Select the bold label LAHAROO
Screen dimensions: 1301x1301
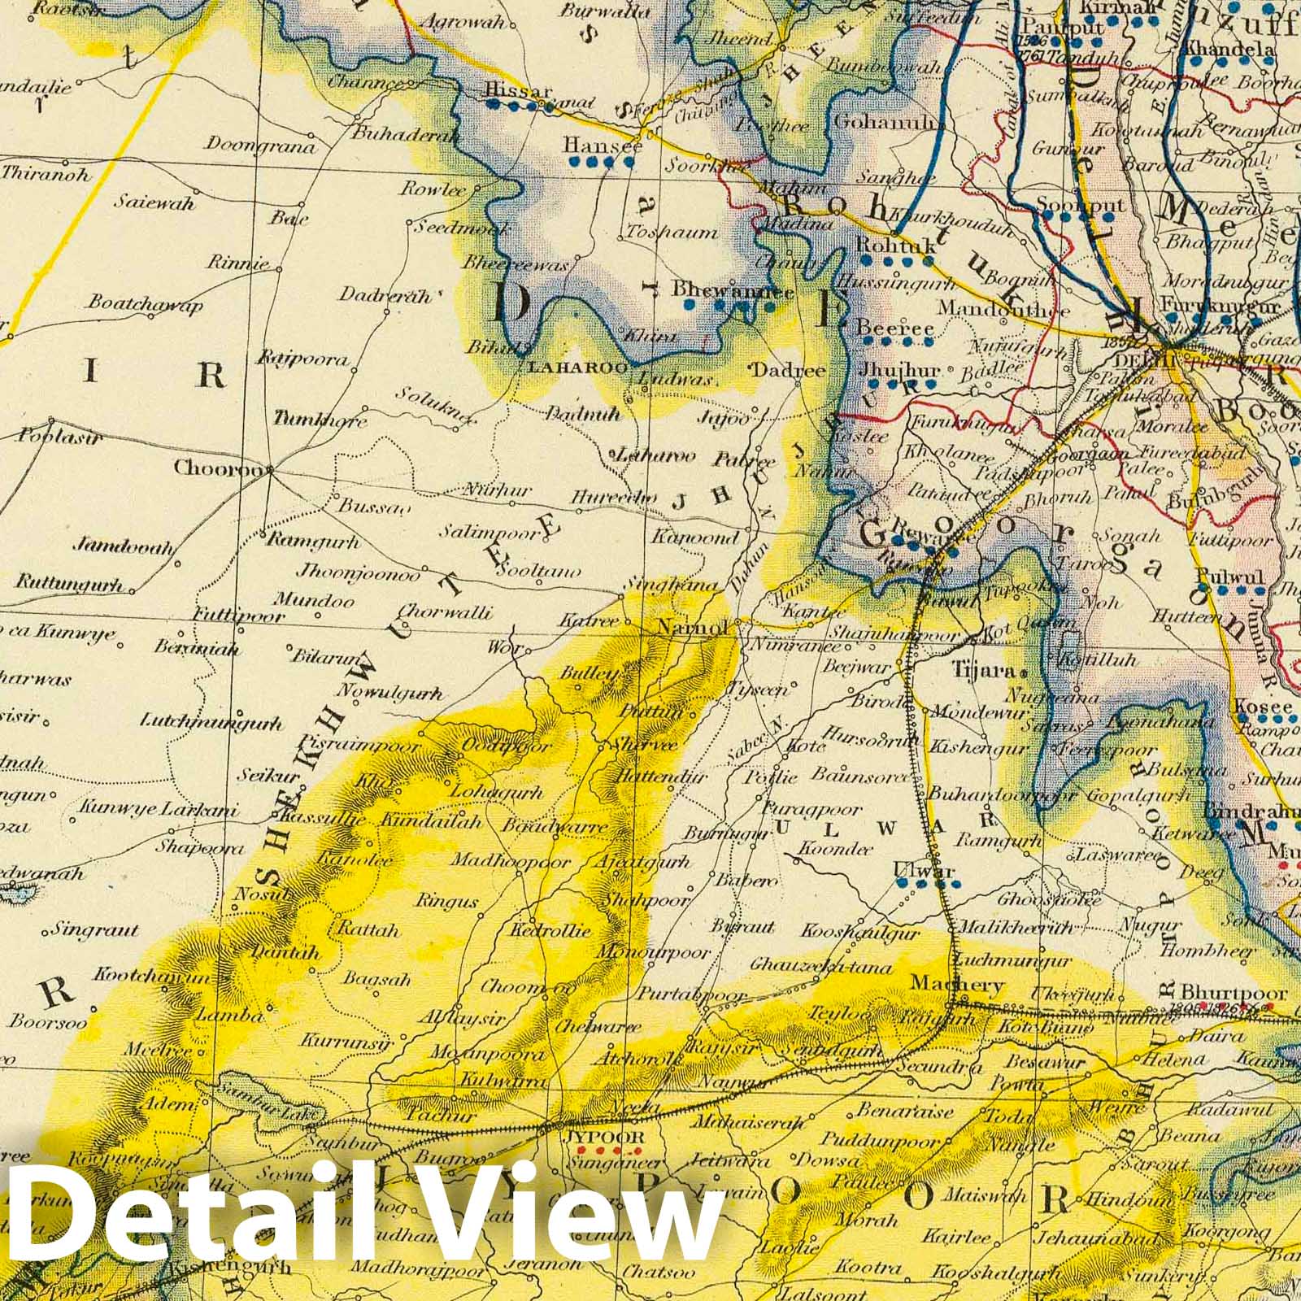tap(577, 368)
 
